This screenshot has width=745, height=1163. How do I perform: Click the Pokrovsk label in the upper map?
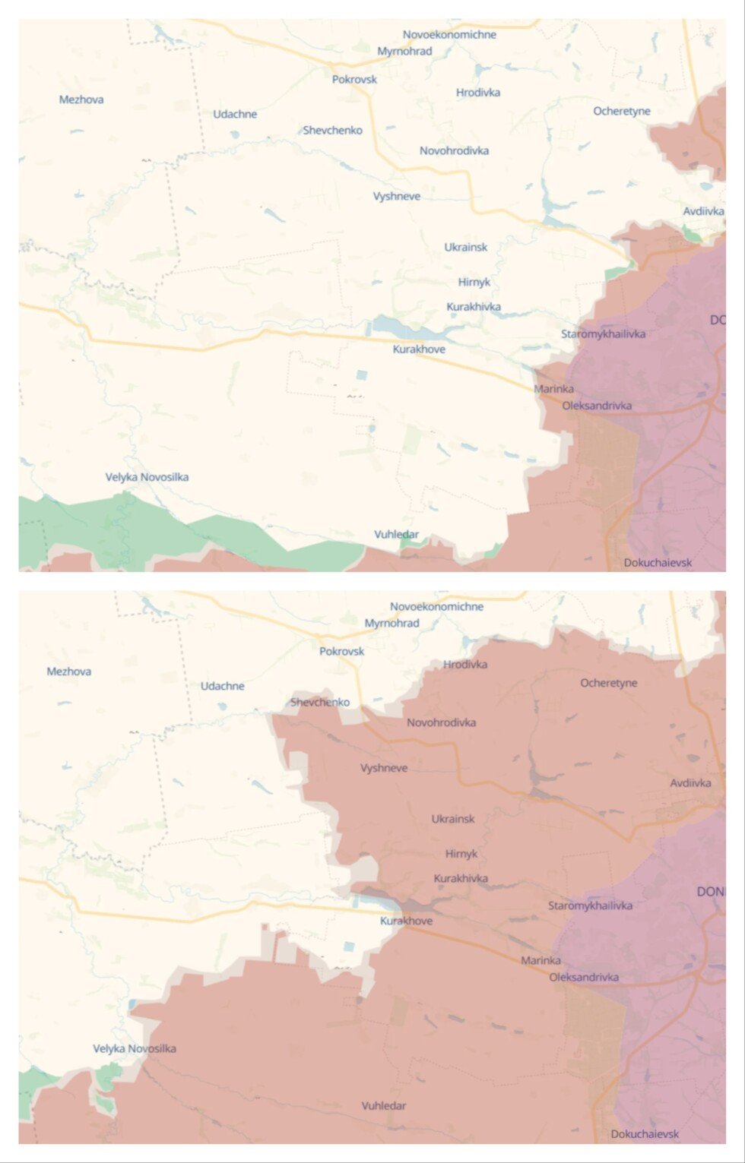(354, 79)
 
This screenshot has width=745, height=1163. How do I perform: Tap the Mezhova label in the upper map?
(81, 100)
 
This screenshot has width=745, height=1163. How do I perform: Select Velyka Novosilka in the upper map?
(147, 477)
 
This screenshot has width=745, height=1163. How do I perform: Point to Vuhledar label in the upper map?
(396, 534)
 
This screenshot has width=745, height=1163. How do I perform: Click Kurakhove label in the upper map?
(419, 349)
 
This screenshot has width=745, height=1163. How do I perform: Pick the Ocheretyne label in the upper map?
(622, 111)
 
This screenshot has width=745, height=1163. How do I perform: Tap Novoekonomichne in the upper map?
(449, 34)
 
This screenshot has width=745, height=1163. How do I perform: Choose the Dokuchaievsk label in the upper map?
(658, 563)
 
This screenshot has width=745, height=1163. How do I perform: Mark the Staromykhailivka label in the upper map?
(603, 333)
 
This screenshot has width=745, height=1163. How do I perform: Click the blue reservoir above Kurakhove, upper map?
(403, 328)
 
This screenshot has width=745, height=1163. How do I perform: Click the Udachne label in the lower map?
(223, 686)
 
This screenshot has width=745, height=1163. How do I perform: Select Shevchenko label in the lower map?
(320, 702)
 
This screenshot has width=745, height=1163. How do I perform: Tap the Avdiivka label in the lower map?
(690, 783)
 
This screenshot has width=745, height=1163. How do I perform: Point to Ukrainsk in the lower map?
(453, 819)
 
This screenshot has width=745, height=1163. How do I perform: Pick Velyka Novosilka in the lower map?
(135, 1048)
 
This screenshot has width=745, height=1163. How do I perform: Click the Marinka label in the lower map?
(541, 961)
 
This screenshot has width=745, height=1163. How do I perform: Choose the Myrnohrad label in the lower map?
(392, 623)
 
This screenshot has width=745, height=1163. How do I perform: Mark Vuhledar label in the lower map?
(383, 1106)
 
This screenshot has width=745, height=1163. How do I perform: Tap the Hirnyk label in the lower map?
(461, 854)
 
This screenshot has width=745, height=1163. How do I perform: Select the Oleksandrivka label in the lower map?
(584, 977)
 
